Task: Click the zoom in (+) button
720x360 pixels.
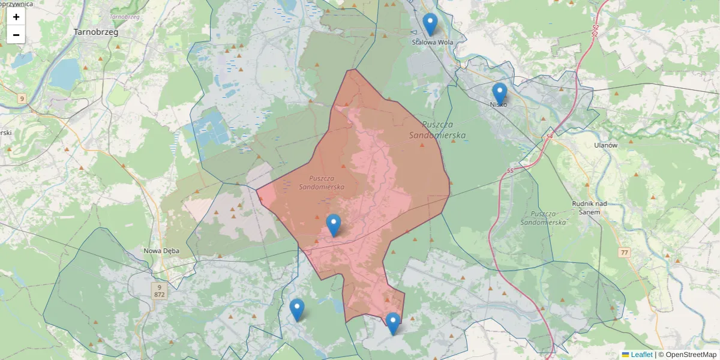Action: [x=16, y=17]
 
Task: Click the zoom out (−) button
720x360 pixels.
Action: [x=16, y=35]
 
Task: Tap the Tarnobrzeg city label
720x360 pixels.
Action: [x=95, y=32]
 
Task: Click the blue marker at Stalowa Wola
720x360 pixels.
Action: [x=430, y=25]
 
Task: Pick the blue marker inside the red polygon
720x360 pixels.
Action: [x=334, y=225]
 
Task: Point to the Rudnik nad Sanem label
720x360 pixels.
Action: [x=590, y=207]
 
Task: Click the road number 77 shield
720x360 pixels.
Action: [x=625, y=253]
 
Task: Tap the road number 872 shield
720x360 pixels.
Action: [x=159, y=295]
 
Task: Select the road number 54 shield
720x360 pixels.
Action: [x=550, y=137]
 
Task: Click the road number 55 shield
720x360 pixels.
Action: [x=510, y=171]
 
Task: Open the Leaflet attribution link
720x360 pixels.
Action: [x=641, y=355]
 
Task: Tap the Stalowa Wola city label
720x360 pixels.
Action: [x=432, y=43]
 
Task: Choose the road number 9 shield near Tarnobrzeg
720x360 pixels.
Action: [x=22, y=98]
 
